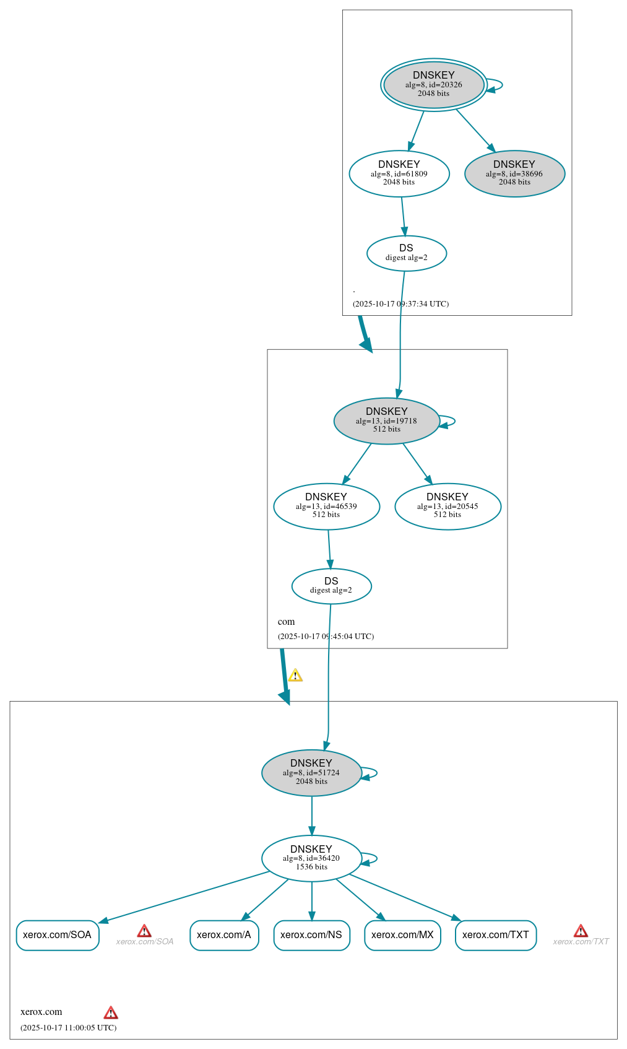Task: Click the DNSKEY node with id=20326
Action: (433, 85)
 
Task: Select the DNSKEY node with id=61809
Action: (399, 173)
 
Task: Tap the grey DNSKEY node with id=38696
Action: (514, 173)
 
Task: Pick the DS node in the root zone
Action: (406, 253)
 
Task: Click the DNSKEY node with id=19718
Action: (386, 420)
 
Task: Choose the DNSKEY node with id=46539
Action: (326, 506)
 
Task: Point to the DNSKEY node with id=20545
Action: (448, 506)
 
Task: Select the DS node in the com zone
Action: (331, 586)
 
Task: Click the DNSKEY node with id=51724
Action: (311, 772)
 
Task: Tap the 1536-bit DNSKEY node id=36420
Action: (311, 858)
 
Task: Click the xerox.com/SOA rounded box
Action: (58, 935)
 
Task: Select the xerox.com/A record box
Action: (224, 935)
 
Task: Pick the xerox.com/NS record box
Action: (311, 935)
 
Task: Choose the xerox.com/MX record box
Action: (402, 935)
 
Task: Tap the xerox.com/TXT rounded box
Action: (495, 935)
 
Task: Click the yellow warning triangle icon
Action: (295, 676)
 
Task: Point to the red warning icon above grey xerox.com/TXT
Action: (581, 931)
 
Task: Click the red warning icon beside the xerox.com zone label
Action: (111, 1012)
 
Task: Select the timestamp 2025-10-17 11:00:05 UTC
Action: (68, 1027)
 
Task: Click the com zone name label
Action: (286, 622)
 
